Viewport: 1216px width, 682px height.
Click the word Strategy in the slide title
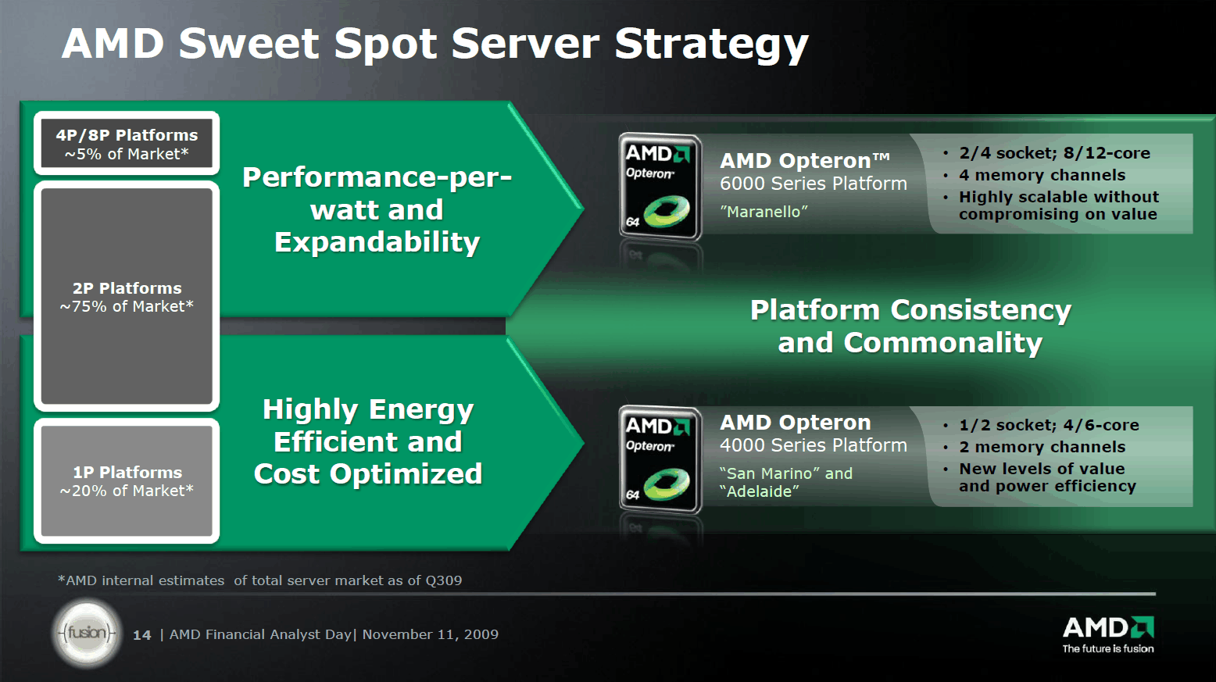point(711,45)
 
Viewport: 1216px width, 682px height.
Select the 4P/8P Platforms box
point(127,143)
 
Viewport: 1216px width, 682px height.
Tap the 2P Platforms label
point(127,288)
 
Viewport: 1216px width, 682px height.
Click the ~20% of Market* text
point(127,491)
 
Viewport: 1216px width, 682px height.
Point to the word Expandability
point(377,242)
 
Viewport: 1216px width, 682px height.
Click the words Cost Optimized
point(368,473)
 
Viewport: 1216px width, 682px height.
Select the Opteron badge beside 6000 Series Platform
point(660,187)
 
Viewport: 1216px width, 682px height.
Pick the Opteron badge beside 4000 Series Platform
point(660,459)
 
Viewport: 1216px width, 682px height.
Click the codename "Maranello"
point(764,212)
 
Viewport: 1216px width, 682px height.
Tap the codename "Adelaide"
point(760,491)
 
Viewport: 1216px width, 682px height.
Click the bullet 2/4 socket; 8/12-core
point(1054,153)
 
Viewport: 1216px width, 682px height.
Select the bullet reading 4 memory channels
point(1042,175)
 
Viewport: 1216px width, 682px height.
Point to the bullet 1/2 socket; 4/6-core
point(1049,425)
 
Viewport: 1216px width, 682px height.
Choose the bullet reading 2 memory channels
point(1042,447)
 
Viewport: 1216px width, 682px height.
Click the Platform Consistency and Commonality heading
point(910,326)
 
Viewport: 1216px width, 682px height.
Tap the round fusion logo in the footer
point(87,633)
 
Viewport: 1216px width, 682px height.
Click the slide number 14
point(142,635)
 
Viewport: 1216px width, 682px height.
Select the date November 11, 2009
point(430,634)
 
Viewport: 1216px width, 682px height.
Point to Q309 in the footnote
point(444,580)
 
